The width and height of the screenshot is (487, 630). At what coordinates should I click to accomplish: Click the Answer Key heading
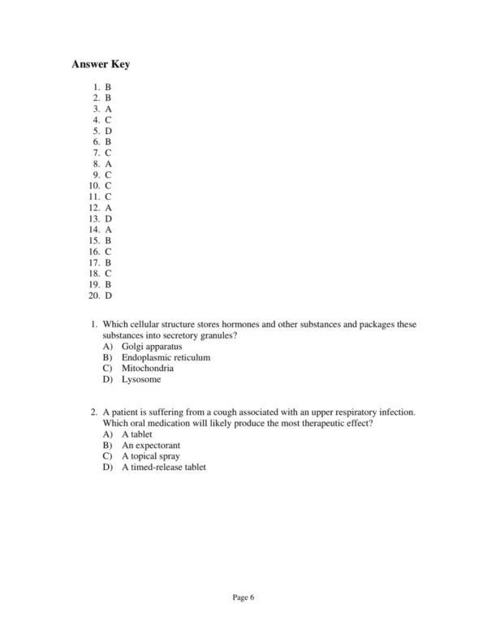101,64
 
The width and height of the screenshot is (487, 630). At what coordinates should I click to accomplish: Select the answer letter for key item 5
108,130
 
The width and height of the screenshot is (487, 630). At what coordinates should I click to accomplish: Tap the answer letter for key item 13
108,218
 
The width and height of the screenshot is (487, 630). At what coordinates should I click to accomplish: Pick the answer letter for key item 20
108,296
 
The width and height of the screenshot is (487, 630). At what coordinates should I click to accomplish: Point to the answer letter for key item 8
108,163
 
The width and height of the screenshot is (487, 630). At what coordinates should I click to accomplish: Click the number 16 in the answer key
94,252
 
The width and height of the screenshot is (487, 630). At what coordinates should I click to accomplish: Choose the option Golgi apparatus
153,347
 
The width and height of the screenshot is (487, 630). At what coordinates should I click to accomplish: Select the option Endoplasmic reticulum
166,357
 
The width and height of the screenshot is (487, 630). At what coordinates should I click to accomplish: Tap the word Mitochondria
148,369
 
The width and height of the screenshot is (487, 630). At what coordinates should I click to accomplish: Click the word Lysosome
142,379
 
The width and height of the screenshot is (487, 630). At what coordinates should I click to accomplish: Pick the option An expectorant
151,445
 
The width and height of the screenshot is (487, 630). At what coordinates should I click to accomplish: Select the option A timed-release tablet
164,467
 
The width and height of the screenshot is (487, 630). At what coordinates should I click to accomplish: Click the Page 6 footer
243,598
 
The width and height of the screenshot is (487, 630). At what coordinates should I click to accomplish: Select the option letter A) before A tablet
108,434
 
